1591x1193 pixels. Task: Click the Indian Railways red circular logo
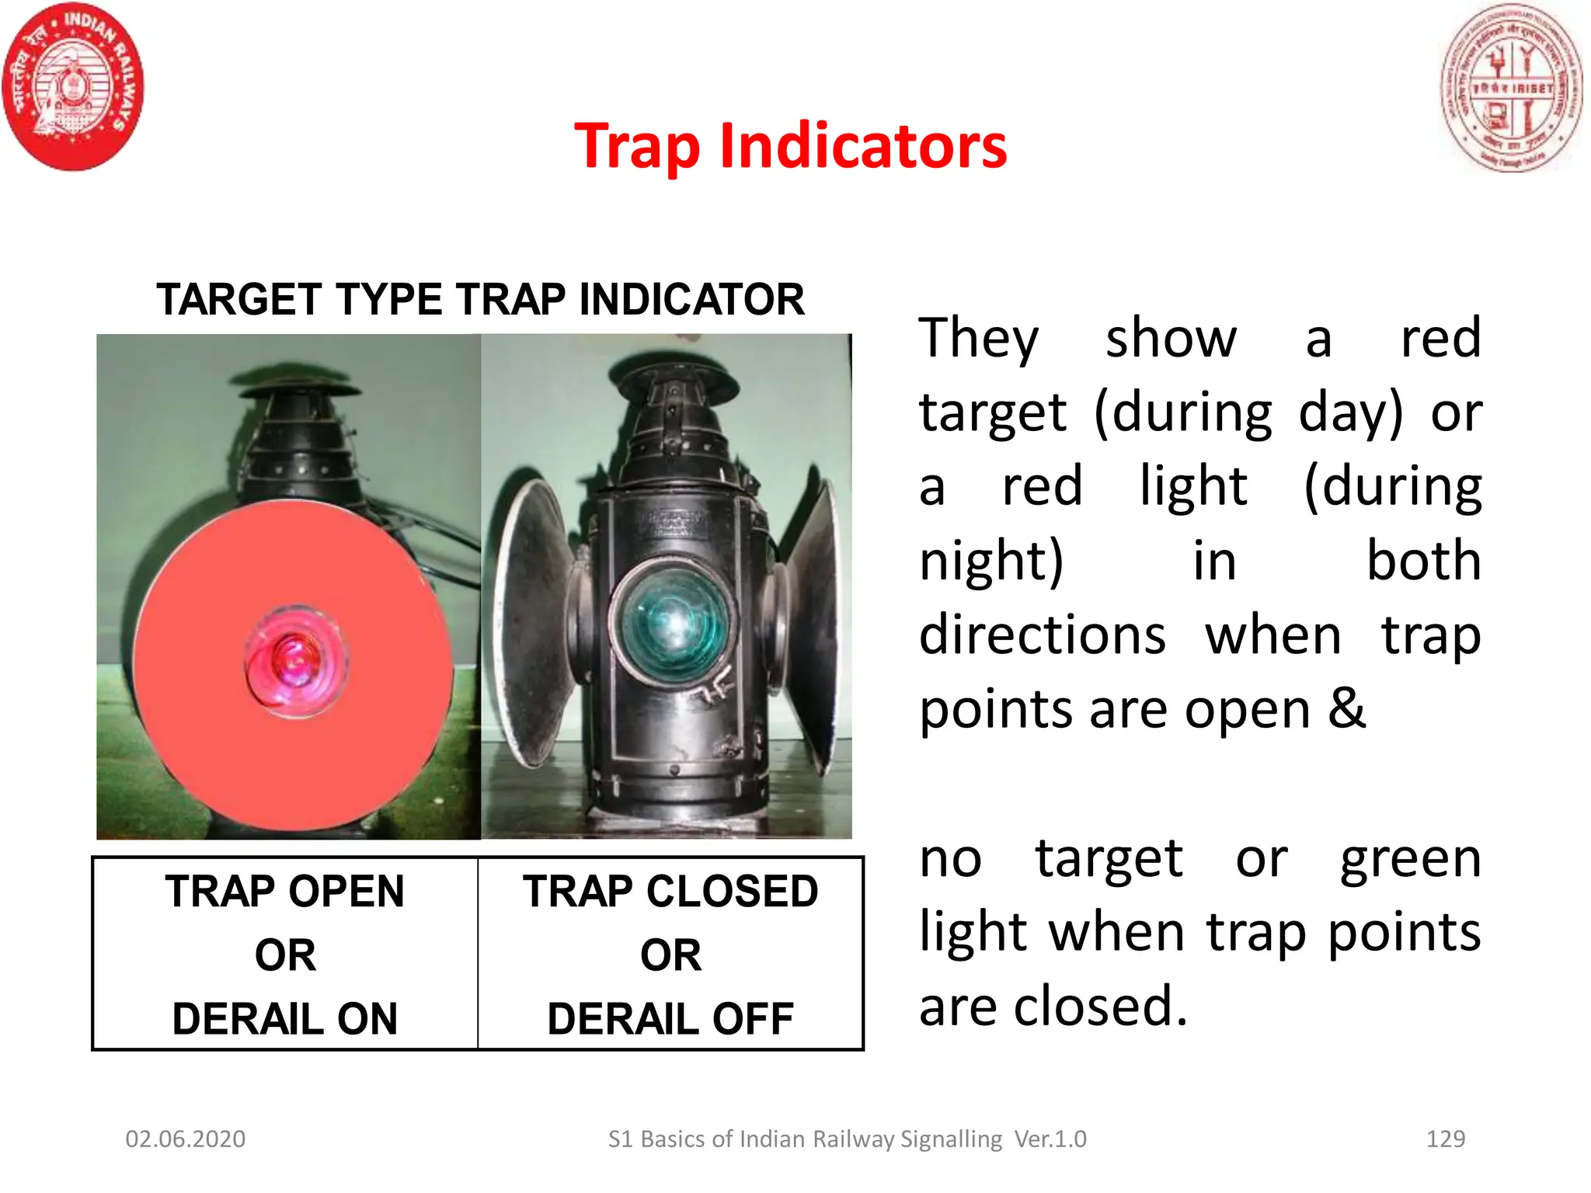pyautogui.click(x=73, y=87)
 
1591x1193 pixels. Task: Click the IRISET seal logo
pyautogui.click(x=1509, y=87)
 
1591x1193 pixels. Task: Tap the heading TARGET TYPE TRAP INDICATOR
pyautogui.click(x=480, y=299)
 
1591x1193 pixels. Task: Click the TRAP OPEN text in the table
pyautogui.click(x=284, y=891)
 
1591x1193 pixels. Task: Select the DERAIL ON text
pyautogui.click(x=284, y=1018)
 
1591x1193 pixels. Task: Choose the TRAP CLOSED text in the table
pyautogui.click(x=670, y=891)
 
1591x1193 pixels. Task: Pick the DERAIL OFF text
pyautogui.click(x=670, y=1018)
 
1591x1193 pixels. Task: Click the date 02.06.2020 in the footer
pyautogui.click(x=186, y=1139)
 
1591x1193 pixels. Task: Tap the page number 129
pyautogui.click(x=1446, y=1139)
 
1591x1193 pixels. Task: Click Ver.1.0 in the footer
pyautogui.click(x=1050, y=1139)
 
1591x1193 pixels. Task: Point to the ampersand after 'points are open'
pyautogui.click(x=1346, y=708)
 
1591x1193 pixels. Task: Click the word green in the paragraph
pyautogui.click(x=1411, y=859)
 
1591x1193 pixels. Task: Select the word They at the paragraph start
pyautogui.click(x=979, y=339)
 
